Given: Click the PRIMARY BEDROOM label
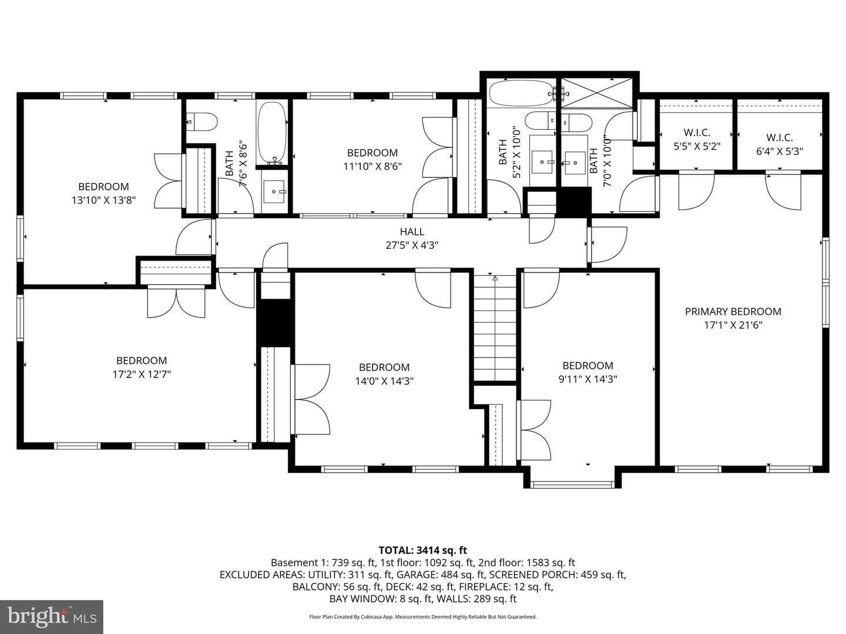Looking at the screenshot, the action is [x=733, y=311].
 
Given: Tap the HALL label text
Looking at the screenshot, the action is [x=412, y=232].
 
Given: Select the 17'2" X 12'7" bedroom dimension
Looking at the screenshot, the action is [x=142, y=374].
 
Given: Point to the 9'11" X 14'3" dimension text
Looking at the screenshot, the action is [x=587, y=379].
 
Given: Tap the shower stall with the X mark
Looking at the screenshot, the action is [x=597, y=93].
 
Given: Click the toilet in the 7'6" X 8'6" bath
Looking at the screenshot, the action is [x=202, y=122].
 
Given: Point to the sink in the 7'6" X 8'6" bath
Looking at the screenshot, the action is [x=274, y=191].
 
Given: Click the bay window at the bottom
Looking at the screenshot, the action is [x=572, y=485].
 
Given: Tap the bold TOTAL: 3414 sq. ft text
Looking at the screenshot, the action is [x=423, y=550].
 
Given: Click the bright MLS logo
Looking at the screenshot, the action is [x=52, y=616].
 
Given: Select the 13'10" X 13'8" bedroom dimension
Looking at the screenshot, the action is [x=103, y=200].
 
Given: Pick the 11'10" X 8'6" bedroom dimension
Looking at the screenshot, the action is [x=372, y=167].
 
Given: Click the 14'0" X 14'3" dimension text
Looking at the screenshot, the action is [x=384, y=381].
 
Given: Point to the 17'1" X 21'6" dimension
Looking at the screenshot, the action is [x=733, y=325].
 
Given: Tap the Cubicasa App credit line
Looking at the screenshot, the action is [x=423, y=616].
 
